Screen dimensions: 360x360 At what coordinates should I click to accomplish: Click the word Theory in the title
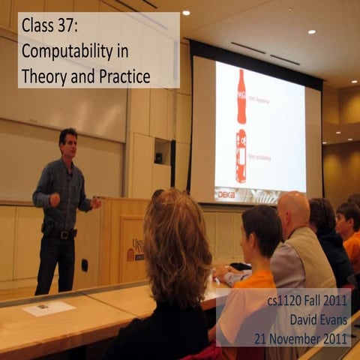tap(44, 76)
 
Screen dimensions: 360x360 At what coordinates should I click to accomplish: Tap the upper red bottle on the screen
tap(241, 97)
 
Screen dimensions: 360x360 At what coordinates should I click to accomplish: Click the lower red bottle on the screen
tap(241, 156)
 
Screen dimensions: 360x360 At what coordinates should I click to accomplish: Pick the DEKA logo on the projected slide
tap(226, 193)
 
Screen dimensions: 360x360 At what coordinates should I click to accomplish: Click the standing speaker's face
tap(69, 145)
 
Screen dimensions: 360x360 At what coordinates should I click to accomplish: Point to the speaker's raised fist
tap(54, 199)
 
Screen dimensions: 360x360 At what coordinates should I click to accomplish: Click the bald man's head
tap(293, 209)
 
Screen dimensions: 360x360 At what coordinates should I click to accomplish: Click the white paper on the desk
tap(49, 308)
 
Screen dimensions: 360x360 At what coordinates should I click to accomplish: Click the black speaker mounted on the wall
tap(158, 157)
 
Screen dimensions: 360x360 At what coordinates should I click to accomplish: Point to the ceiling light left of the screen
tap(185, 13)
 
